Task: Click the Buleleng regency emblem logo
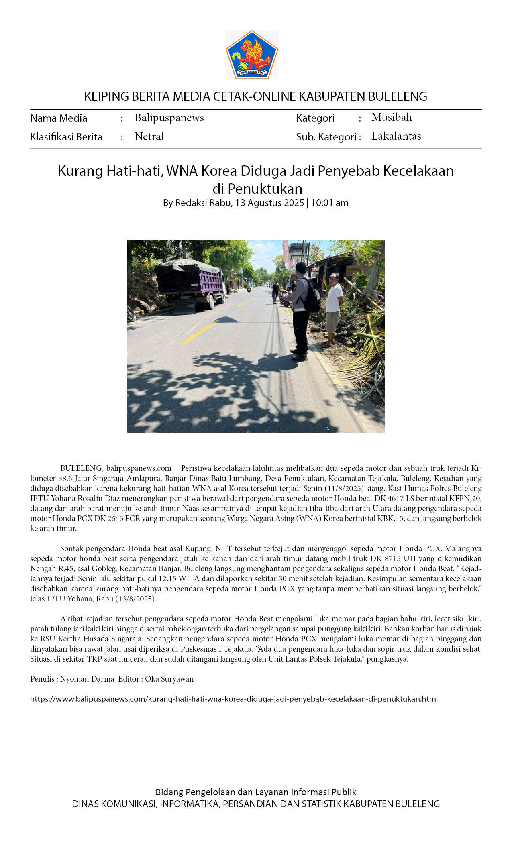pyautogui.click(x=252, y=55)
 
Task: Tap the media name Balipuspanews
pyautogui.click(x=169, y=118)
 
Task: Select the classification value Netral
pyautogui.click(x=149, y=136)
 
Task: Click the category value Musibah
pyautogui.click(x=392, y=117)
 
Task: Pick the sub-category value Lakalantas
pyautogui.click(x=396, y=136)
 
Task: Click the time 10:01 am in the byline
pyautogui.click(x=330, y=203)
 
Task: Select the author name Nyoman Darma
pyautogui.click(x=87, y=679)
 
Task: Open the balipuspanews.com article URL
pyautogui.click(x=234, y=699)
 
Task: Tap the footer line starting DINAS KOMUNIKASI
pyautogui.click(x=256, y=804)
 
